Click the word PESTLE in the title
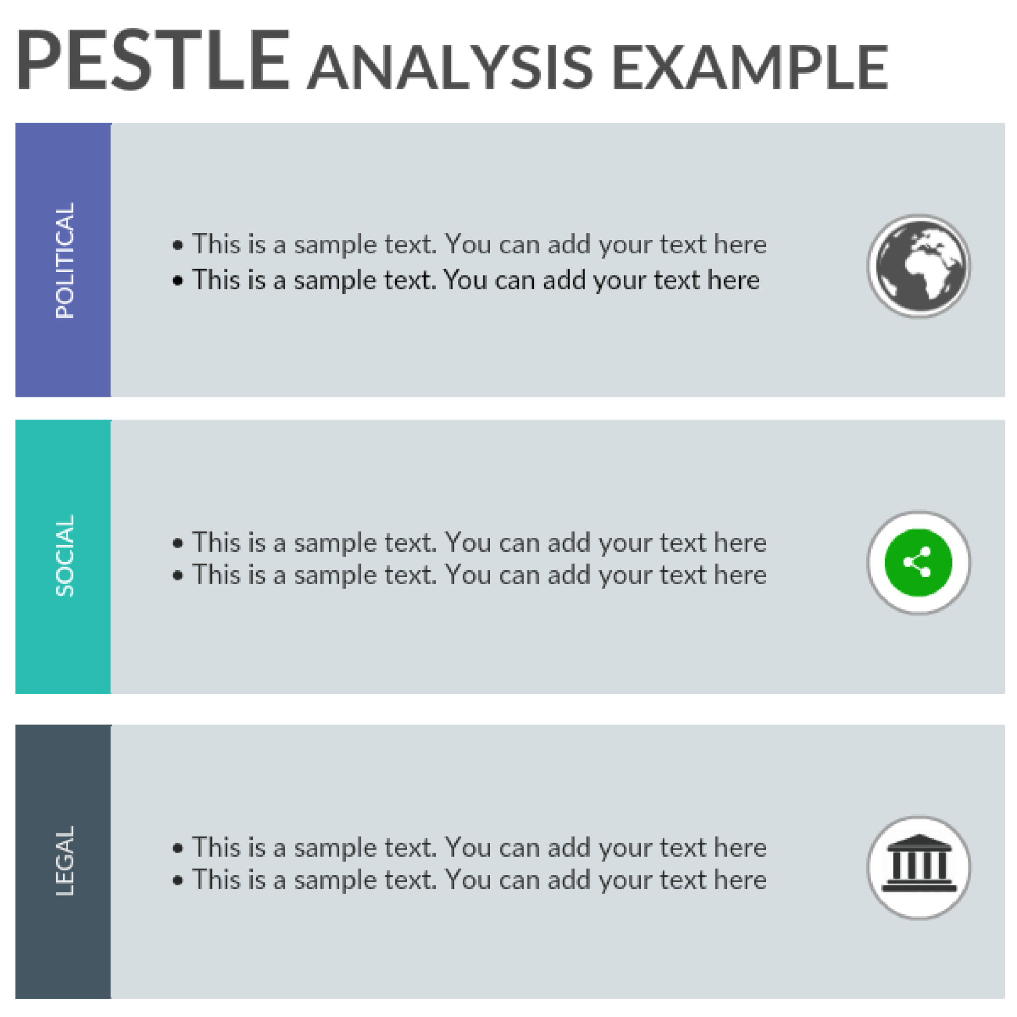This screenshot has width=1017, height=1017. pyautogui.click(x=152, y=61)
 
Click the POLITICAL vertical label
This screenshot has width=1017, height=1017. pyautogui.click(x=64, y=260)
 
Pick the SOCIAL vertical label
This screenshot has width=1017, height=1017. pyautogui.click(x=64, y=556)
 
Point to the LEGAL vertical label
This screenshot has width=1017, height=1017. pyautogui.click(x=64, y=861)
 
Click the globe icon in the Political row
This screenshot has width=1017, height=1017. pyautogui.click(x=919, y=266)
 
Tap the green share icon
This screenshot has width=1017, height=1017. pyautogui.click(x=919, y=562)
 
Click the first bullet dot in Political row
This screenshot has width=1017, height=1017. pyautogui.click(x=178, y=245)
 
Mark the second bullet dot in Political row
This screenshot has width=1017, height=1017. pyautogui.click(x=178, y=281)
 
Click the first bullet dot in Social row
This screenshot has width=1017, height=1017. pyautogui.click(x=178, y=543)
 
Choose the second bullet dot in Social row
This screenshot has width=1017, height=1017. pyautogui.click(x=178, y=576)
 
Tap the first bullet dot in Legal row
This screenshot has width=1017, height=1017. pyautogui.click(x=178, y=848)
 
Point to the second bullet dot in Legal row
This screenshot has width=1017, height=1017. pyautogui.click(x=178, y=880)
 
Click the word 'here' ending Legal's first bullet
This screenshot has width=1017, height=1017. pyautogui.click(x=740, y=848)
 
